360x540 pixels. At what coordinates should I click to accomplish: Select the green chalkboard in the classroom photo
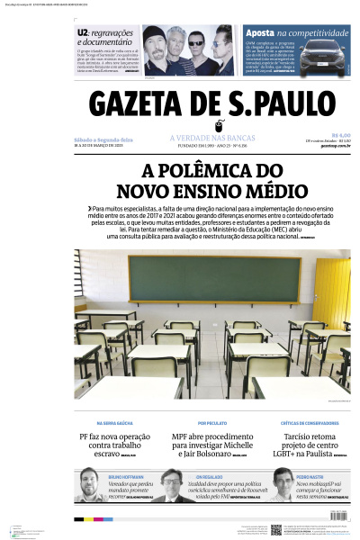click(x=213, y=279)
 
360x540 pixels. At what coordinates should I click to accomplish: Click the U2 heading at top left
click(x=83, y=32)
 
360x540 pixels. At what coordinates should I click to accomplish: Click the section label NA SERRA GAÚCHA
click(x=114, y=422)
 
